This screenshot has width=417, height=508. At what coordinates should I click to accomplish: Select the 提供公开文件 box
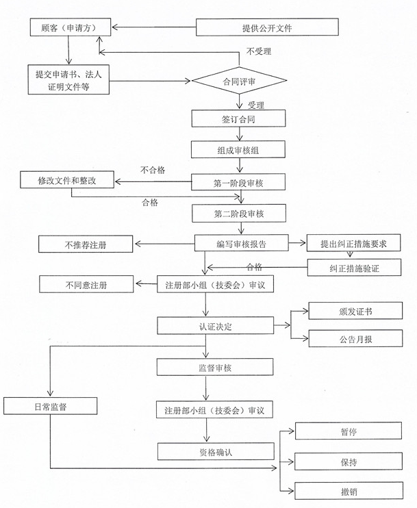267,27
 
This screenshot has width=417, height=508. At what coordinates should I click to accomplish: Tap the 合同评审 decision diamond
238,81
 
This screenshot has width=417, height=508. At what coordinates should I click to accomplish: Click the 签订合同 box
238,118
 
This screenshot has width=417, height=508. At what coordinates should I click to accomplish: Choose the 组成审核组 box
238,149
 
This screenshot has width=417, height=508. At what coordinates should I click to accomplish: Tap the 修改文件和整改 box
67,181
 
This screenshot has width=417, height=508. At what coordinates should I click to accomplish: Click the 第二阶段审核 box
238,214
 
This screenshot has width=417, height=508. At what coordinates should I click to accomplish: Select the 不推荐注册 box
87,244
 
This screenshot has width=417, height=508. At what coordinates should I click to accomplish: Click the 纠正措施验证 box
354,268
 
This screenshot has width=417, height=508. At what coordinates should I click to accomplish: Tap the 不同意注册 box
86,283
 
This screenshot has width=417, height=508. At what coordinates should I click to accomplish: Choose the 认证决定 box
216,326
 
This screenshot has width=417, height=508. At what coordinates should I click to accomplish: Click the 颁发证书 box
355,312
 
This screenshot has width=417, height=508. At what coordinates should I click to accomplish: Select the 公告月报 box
355,338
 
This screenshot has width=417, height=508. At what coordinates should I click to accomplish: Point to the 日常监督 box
51,406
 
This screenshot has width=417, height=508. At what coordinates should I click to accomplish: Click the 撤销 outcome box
348,491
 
